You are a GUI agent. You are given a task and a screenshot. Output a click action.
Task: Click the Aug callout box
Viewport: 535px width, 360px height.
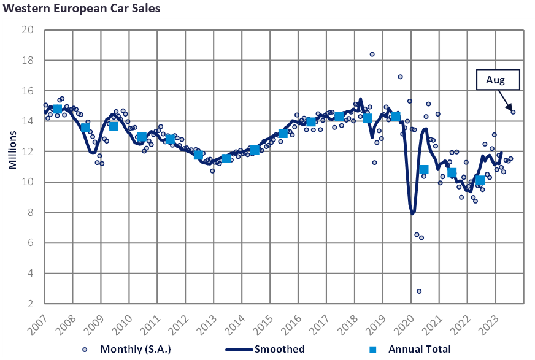tap(498, 80)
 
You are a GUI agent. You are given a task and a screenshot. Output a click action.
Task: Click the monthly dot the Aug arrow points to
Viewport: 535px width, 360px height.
tap(513, 112)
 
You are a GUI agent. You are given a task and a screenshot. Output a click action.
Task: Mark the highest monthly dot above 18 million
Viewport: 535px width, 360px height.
tap(372, 55)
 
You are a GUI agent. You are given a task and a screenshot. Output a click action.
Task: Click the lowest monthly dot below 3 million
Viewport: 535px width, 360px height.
tap(419, 291)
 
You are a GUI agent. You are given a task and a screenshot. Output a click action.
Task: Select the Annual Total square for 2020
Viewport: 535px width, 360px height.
tap(423, 169)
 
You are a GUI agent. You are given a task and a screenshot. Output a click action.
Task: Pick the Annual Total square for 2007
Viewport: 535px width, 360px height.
tap(57, 109)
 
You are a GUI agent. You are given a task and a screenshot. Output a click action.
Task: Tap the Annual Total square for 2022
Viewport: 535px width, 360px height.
tap(480, 180)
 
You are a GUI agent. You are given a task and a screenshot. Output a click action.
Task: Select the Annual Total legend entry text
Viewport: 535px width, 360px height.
tap(419, 349)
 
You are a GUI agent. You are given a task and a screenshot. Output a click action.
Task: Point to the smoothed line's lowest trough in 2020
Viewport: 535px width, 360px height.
tap(413, 213)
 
